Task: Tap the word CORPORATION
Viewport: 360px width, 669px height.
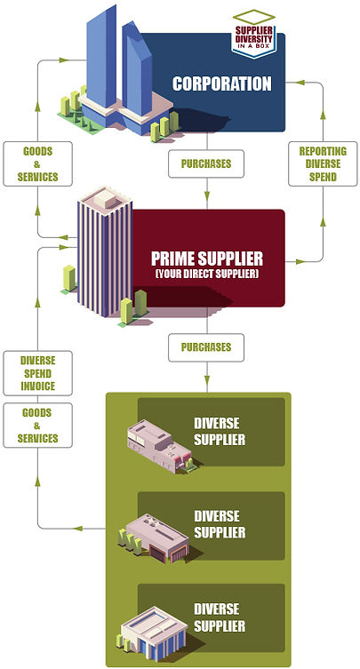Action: point(222,85)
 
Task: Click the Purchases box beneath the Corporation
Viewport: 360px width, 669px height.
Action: point(205,164)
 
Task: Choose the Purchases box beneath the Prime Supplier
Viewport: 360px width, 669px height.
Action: point(205,346)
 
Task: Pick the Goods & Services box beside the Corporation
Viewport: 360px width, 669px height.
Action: point(36,163)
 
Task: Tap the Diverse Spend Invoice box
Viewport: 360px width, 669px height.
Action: point(37,373)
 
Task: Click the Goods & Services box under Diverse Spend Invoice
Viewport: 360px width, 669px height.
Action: point(37,426)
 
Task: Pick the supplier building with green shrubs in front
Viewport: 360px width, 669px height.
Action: point(153,537)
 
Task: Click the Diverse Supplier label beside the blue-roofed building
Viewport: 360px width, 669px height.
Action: point(220,617)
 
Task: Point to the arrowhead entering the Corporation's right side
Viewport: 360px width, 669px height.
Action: point(300,83)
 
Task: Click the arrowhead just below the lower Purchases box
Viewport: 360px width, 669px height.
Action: point(205,383)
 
